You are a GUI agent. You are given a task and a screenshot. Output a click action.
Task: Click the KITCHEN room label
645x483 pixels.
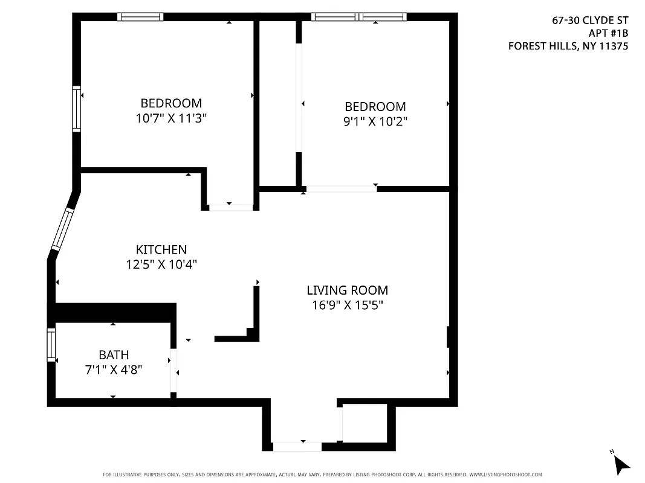click(x=161, y=249)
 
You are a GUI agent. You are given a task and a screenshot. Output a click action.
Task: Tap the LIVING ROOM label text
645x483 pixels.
click(x=347, y=290)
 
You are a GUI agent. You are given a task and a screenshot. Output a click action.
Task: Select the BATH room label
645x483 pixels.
click(x=114, y=355)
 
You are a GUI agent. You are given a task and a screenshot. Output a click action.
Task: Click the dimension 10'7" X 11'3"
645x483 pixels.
click(x=171, y=118)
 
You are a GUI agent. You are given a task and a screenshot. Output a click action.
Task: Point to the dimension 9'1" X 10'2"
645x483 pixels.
click(x=375, y=121)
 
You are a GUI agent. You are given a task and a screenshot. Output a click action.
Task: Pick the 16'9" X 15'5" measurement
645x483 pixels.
click(x=347, y=305)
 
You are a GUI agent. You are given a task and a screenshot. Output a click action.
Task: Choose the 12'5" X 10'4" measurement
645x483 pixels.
click(x=161, y=264)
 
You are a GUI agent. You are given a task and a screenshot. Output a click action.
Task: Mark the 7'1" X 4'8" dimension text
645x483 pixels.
click(x=114, y=369)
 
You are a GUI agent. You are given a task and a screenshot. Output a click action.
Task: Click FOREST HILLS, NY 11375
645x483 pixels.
click(x=568, y=46)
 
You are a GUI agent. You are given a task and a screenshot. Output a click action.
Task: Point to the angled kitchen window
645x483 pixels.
click(x=62, y=229)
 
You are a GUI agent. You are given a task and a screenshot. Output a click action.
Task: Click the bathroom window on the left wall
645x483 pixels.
click(x=51, y=345)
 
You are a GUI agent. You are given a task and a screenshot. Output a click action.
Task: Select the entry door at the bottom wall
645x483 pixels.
click(x=297, y=447)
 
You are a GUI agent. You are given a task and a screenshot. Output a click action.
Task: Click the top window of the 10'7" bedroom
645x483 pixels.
click(x=140, y=17)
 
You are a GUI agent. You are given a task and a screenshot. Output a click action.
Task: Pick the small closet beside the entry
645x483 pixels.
click(x=365, y=423)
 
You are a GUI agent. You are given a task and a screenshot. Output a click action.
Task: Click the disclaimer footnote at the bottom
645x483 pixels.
click(x=322, y=475)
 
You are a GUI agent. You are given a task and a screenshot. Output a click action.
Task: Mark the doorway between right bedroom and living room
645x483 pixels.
click(x=342, y=189)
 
